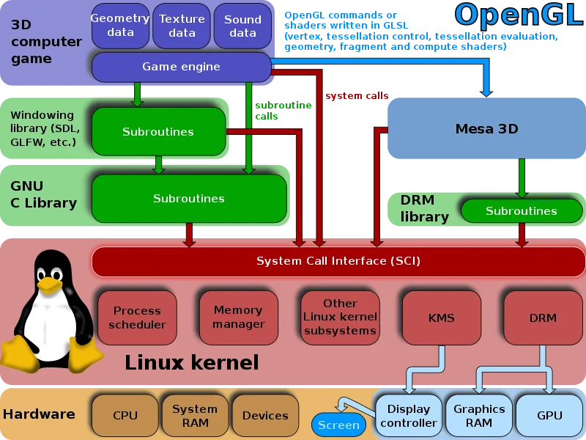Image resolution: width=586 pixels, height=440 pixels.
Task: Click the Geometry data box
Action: click(x=120, y=26)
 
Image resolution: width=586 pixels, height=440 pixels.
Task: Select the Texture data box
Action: click(x=182, y=26)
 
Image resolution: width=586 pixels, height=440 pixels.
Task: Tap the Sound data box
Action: click(x=242, y=26)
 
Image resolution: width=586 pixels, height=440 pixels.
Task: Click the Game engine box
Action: click(x=181, y=67)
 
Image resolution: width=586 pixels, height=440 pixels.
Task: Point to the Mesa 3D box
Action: click(x=486, y=129)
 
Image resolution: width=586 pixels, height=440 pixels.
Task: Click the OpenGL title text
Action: click(x=518, y=15)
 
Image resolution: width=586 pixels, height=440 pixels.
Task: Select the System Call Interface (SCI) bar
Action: click(x=338, y=261)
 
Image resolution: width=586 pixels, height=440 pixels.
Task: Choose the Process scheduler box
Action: click(x=137, y=318)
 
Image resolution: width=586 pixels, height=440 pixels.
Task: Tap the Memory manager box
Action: click(x=238, y=318)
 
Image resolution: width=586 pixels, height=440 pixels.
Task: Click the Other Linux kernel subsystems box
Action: click(x=340, y=318)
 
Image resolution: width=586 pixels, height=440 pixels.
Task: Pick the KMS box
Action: click(x=441, y=318)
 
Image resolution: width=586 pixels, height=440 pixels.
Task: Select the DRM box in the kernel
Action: click(x=542, y=318)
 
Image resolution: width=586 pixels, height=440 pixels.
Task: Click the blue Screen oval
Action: click(x=338, y=425)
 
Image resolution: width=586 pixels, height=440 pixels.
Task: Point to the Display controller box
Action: click(x=408, y=416)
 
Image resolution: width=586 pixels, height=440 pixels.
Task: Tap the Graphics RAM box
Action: click(x=479, y=416)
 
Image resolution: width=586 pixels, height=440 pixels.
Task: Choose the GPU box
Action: click(x=549, y=416)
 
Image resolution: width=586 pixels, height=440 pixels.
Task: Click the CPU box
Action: click(x=125, y=416)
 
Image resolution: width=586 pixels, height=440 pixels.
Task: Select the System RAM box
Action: click(x=195, y=416)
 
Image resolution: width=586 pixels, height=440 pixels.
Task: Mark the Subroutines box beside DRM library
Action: click(x=521, y=211)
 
